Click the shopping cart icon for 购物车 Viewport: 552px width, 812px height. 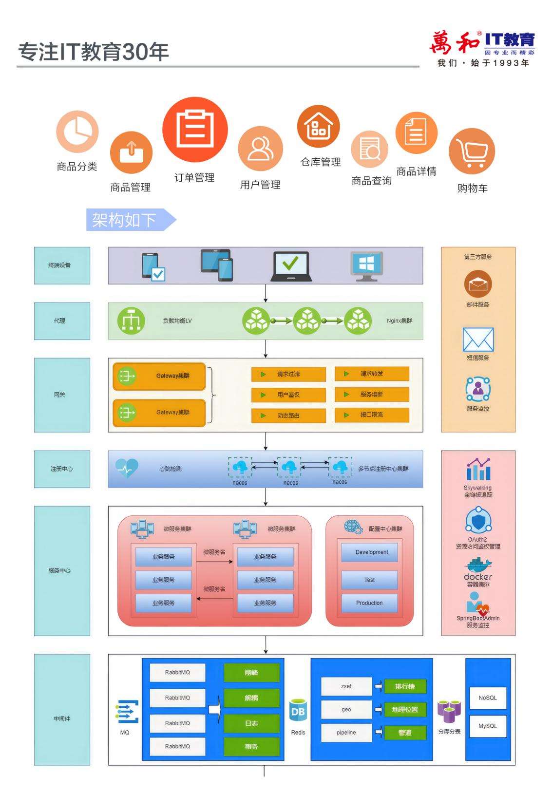point(472,151)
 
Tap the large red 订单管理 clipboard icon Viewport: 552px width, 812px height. point(195,130)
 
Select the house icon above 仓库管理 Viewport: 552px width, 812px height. point(319,126)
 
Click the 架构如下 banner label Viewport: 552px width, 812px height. point(125,220)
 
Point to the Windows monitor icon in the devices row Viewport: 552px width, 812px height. point(366,266)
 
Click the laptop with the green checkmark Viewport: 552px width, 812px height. point(291,266)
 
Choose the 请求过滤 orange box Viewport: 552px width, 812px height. point(288,374)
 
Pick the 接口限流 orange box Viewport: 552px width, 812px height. point(372,415)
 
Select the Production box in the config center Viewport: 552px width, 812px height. point(369,603)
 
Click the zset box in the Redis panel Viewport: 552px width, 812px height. point(346,686)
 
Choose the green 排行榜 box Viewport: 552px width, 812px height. point(405,686)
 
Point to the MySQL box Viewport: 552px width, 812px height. point(487,726)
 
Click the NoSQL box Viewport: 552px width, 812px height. point(487,698)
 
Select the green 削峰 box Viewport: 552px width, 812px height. point(251,673)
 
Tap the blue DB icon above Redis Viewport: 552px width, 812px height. point(298,712)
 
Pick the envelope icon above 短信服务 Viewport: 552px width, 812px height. point(478,340)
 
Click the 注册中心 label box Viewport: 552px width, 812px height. point(62,469)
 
